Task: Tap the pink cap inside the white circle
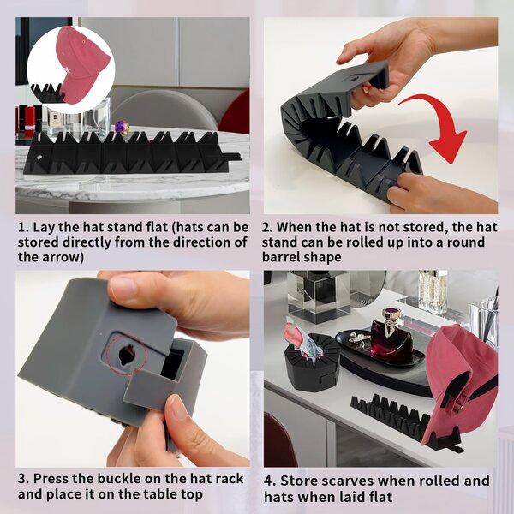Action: (x=82, y=64)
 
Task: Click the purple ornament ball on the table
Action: (x=122, y=127)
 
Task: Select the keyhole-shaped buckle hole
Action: (x=127, y=354)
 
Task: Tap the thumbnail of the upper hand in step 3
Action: (x=123, y=286)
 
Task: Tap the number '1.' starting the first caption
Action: (x=24, y=227)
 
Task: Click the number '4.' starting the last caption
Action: (x=270, y=481)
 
